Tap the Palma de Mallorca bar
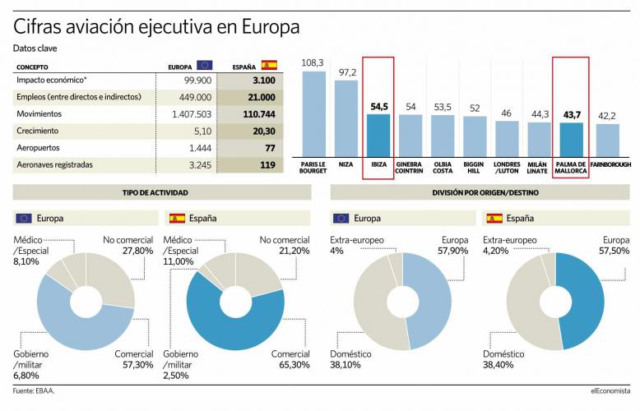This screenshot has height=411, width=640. (571, 140)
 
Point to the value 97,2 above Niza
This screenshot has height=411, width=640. (346, 73)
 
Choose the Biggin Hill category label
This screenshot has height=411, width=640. (475, 169)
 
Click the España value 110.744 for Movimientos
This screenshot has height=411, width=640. (257, 114)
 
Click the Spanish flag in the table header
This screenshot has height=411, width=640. (269, 65)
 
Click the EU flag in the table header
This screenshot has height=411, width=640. (204, 65)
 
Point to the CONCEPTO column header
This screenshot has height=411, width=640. (34, 66)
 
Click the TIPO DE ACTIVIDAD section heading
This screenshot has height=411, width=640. (161, 192)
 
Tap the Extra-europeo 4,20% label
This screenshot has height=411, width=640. (510, 245)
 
